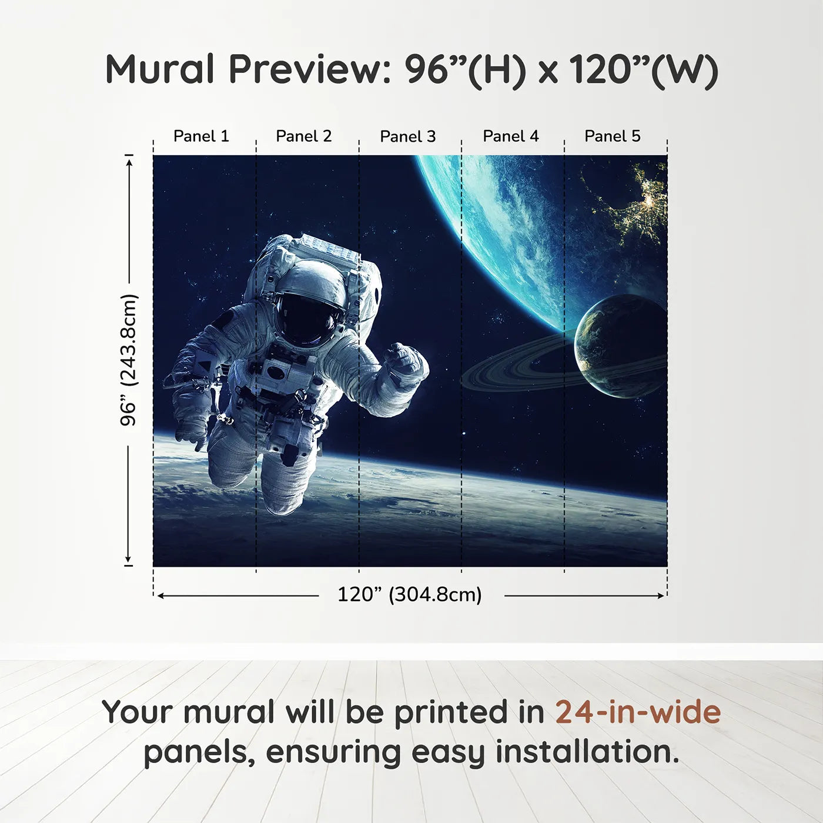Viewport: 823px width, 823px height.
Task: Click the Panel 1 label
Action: (201, 136)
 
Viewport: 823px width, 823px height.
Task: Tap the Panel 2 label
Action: (304, 136)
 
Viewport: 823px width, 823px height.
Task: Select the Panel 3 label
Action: (408, 136)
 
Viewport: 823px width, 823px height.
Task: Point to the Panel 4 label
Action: (511, 136)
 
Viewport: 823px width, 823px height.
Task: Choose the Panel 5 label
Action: (613, 136)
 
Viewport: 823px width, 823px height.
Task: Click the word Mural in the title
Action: (160, 69)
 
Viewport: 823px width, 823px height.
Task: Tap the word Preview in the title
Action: (305, 69)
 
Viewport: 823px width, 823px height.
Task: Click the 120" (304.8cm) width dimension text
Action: (410, 594)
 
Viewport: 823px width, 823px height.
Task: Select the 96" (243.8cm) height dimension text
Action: (128, 360)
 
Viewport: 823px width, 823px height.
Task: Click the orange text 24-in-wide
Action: (638, 712)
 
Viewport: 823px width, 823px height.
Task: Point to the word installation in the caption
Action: (587, 752)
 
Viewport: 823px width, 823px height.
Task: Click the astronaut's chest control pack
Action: (276, 373)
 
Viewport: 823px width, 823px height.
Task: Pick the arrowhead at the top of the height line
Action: (129, 160)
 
